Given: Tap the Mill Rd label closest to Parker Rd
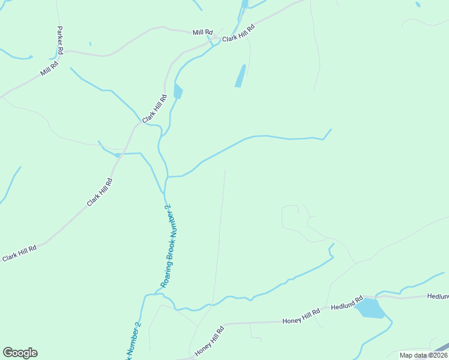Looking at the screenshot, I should [49, 68].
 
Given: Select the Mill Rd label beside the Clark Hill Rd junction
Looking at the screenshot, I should [203, 32].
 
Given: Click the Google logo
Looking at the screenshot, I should [20, 353].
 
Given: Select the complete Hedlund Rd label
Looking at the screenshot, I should [347, 304].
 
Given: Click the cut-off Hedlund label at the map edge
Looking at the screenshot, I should [438, 296].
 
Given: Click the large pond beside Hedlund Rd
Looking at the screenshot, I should [370, 308].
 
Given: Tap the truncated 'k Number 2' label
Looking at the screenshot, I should [133, 342].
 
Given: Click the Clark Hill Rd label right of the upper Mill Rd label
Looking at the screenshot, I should [239, 33].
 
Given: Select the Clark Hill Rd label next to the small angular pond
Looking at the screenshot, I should [155, 109].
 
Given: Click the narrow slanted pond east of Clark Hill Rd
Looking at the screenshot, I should [241, 76].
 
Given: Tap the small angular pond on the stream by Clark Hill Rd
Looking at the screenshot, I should [178, 92].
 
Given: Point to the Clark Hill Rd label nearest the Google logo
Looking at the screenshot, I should [19, 253].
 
